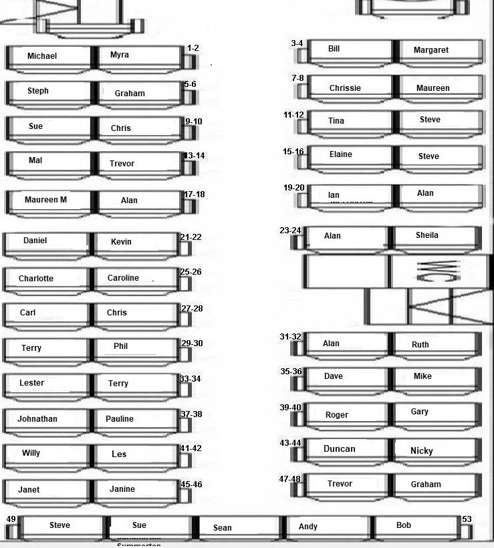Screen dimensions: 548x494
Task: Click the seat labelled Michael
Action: pyautogui.click(x=42, y=56)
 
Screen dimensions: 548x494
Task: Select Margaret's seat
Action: pyautogui.click(x=431, y=50)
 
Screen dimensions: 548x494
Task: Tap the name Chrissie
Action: pyautogui.click(x=345, y=88)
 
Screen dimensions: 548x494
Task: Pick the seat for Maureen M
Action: pyautogui.click(x=45, y=200)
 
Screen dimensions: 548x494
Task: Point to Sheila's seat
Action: pyautogui.click(x=427, y=235)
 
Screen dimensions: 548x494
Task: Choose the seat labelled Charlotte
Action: pyautogui.click(x=36, y=279)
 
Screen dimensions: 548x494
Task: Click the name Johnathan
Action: pyautogui.click(x=37, y=419)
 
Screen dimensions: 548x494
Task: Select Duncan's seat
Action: pyautogui.click(x=340, y=449)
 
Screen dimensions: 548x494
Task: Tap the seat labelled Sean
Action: pyautogui.click(x=223, y=528)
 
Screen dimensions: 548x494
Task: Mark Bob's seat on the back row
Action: pyautogui.click(x=404, y=525)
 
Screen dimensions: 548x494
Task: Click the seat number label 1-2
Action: pyautogui.click(x=193, y=48)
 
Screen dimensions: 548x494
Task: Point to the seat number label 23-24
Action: pyautogui.click(x=290, y=231)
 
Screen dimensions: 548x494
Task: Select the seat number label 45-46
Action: pyautogui.click(x=191, y=485)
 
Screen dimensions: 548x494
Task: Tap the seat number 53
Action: pyautogui.click(x=467, y=519)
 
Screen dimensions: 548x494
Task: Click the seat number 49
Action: pyautogui.click(x=11, y=519)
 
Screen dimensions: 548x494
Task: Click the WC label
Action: pyautogui.click(x=428, y=270)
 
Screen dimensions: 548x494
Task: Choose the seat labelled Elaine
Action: pyautogui.click(x=341, y=154)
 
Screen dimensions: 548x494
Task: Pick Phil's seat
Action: pyautogui.click(x=121, y=346)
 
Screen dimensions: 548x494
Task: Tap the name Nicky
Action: pyautogui.click(x=422, y=451)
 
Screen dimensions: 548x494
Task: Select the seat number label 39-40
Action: pyautogui.click(x=290, y=408)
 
